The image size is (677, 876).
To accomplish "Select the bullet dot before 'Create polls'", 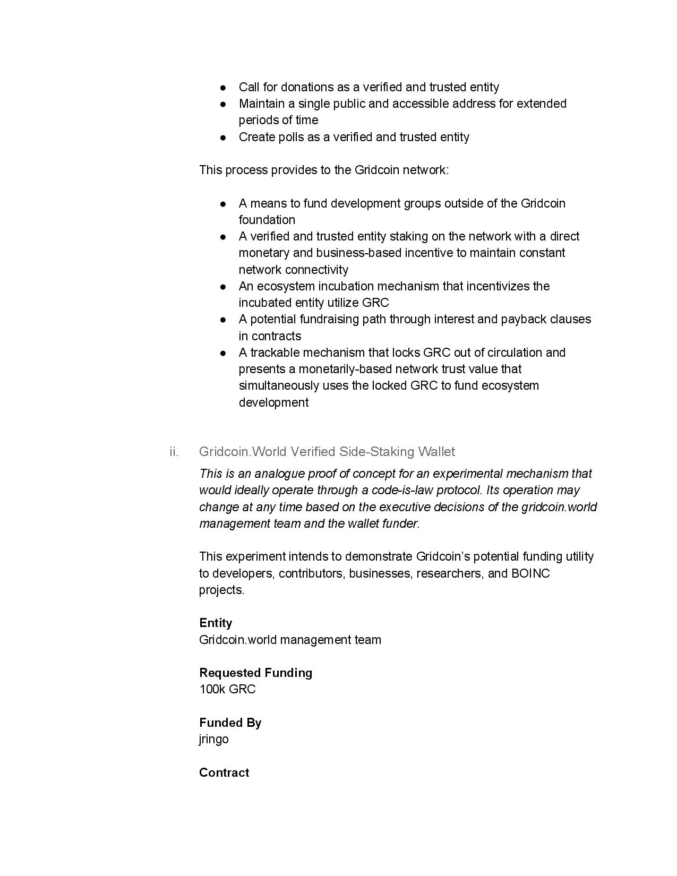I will pyautogui.click(x=224, y=138).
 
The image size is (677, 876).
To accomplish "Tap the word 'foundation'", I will pyautogui.click(x=267, y=220).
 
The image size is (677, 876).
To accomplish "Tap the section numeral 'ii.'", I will pyautogui.click(x=174, y=452).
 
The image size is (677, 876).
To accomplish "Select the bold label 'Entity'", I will pyautogui.click(x=216, y=623).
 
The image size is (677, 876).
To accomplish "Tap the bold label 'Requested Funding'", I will pyautogui.click(x=255, y=673).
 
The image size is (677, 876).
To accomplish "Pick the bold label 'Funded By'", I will pyautogui.click(x=230, y=723).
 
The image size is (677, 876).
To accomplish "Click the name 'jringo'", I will pyautogui.click(x=214, y=739).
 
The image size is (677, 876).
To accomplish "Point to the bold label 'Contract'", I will pyautogui.click(x=224, y=772).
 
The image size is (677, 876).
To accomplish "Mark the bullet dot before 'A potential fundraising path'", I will pyautogui.click(x=224, y=320).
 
